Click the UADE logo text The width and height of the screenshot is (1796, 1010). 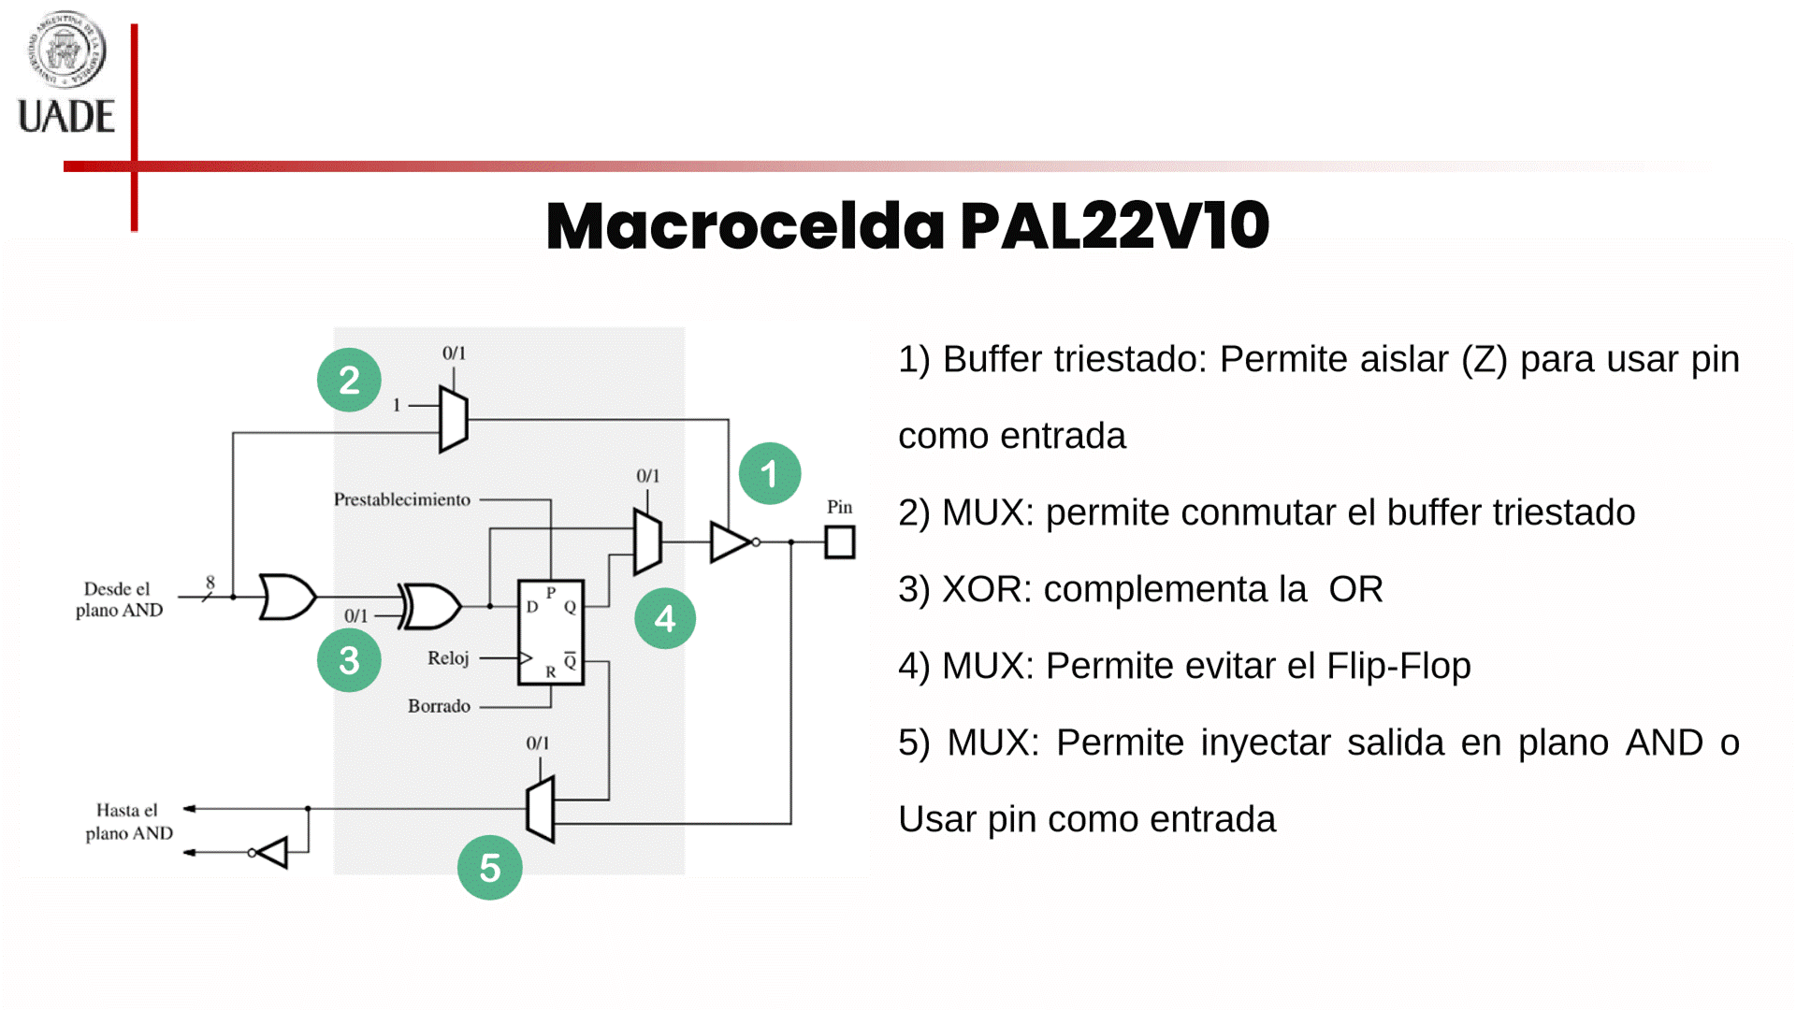point(66,116)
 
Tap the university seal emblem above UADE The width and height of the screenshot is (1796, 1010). point(65,49)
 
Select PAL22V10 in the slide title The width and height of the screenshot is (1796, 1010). point(1114,226)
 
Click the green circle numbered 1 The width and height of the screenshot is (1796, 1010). point(769,474)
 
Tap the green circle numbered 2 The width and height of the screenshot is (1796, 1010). point(349,381)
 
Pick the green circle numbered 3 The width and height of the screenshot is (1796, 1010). point(349,661)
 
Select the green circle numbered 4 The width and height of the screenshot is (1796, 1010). point(664,619)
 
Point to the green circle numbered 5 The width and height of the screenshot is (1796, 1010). point(489,868)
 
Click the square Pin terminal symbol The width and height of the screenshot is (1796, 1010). point(839,542)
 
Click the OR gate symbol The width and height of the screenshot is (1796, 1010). point(286,597)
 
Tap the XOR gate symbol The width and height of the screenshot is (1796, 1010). point(430,606)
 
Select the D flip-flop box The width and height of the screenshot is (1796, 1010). point(551,632)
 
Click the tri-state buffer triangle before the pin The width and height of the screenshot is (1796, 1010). point(730,542)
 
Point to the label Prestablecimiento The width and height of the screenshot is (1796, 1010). point(402,499)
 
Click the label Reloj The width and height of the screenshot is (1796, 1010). point(448,658)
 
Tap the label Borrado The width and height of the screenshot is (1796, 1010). point(439,706)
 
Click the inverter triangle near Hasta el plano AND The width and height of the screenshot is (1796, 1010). point(273,852)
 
